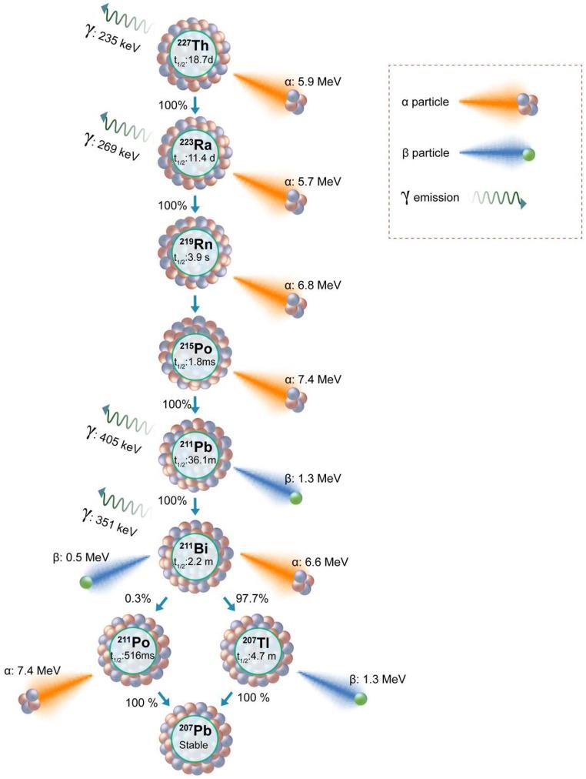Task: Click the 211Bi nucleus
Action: tap(195, 552)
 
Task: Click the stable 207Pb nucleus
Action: tap(195, 737)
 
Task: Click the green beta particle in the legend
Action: tap(528, 155)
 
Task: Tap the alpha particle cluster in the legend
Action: tap(526, 103)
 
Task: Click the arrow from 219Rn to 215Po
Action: tap(195, 303)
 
